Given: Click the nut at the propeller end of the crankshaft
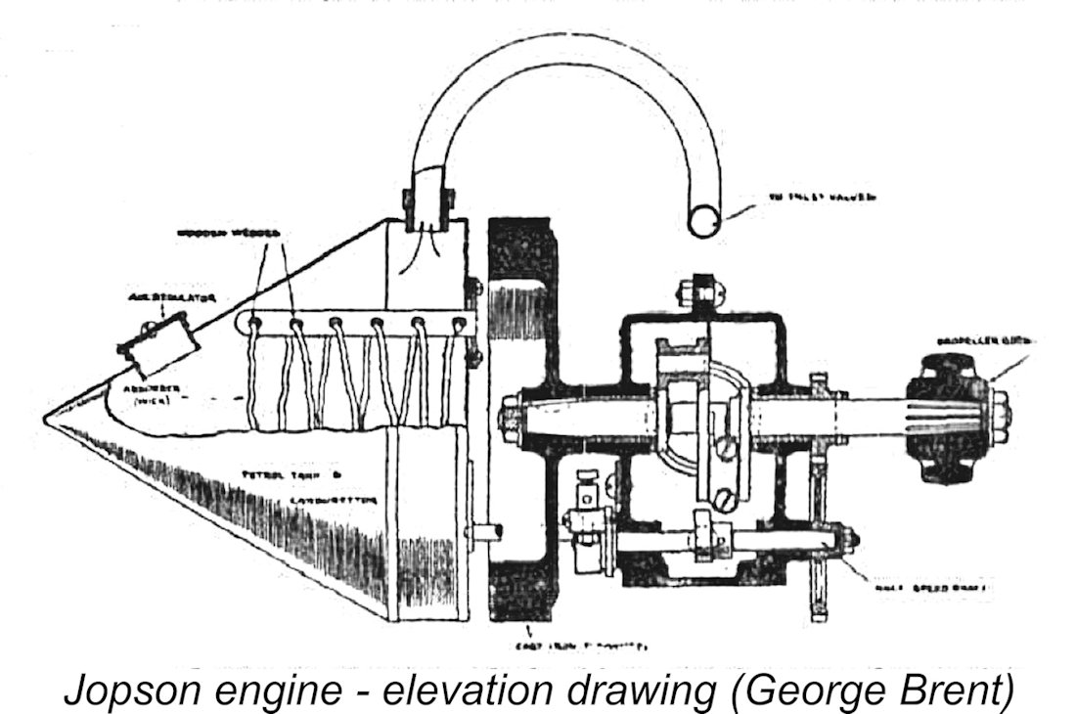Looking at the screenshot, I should click(1000, 404).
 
